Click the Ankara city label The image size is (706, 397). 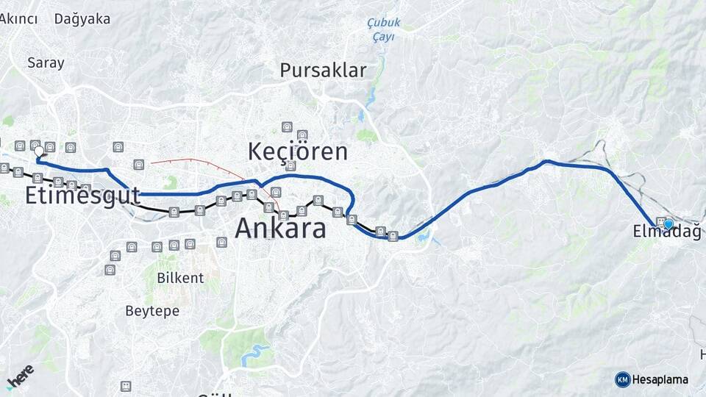pyautogui.click(x=280, y=229)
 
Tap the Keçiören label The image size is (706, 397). pyautogui.click(x=297, y=151)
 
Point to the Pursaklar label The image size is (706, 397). pyautogui.click(x=322, y=71)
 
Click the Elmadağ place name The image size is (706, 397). pyautogui.click(x=666, y=232)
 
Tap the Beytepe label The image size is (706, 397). pyautogui.click(x=152, y=311)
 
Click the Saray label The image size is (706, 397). pyautogui.click(x=46, y=62)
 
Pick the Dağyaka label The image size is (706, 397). pyautogui.click(x=82, y=19)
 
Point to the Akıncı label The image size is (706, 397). pyautogui.click(x=18, y=19)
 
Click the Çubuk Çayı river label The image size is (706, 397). pyautogui.click(x=381, y=30)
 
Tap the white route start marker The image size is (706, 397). pyautogui.click(x=39, y=151)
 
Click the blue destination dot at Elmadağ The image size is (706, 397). pyautogui.click(x=668, y=224)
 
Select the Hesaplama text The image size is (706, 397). pyautogui.click(x=660, y=380)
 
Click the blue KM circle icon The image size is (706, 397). pyautogui.click(x=622, y=379)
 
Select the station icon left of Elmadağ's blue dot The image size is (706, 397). pyautogui.click(x=660, y=222)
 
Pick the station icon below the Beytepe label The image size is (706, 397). pyautogui.click(x=126, y=386)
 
